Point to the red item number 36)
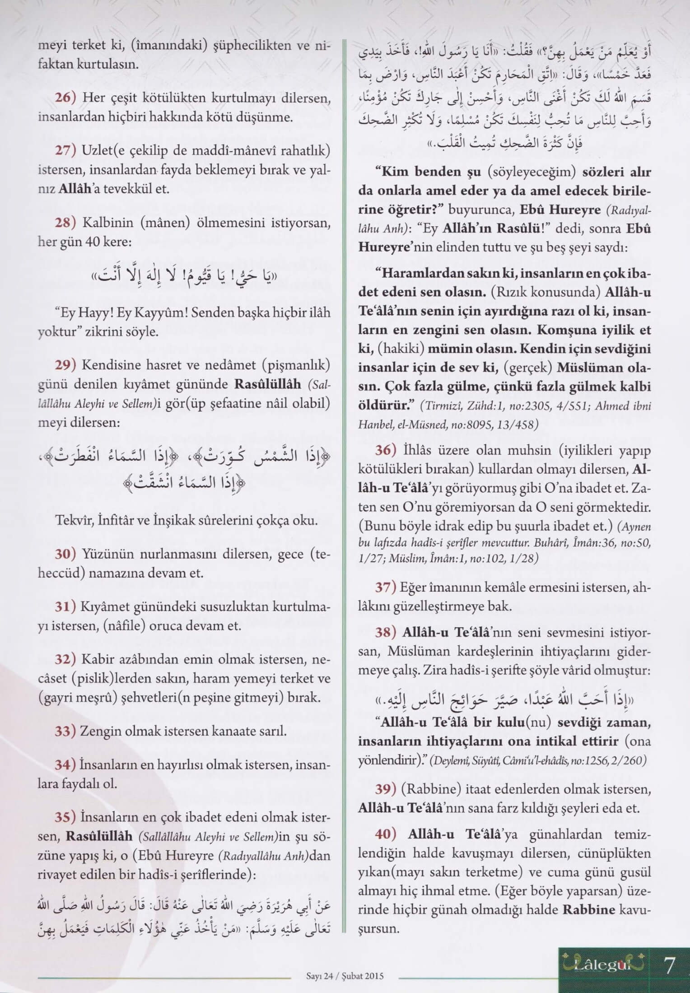click(x=386, y=451)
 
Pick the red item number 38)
click(x=386, y=633)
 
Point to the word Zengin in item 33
click(x=97, y=731)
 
